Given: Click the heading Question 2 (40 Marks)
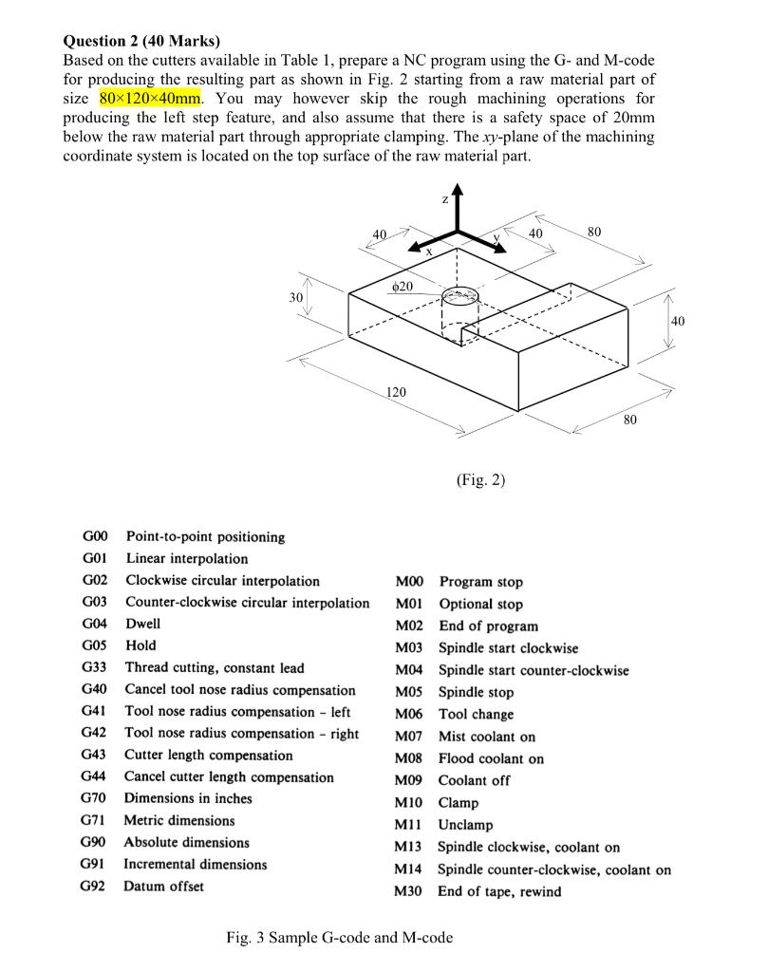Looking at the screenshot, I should [140, 41].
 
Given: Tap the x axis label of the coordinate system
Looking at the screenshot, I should [429, 252].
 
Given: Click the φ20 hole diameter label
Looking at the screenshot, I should [402, 286].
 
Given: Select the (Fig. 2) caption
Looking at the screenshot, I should [480, 480].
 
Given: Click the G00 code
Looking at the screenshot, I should [94, 537].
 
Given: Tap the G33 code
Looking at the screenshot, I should [94, 668].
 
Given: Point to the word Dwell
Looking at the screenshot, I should [143, 624].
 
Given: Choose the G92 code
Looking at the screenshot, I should [94, 887].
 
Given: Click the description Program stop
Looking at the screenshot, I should [480, 582].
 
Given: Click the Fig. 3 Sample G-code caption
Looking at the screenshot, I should [339, 938].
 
